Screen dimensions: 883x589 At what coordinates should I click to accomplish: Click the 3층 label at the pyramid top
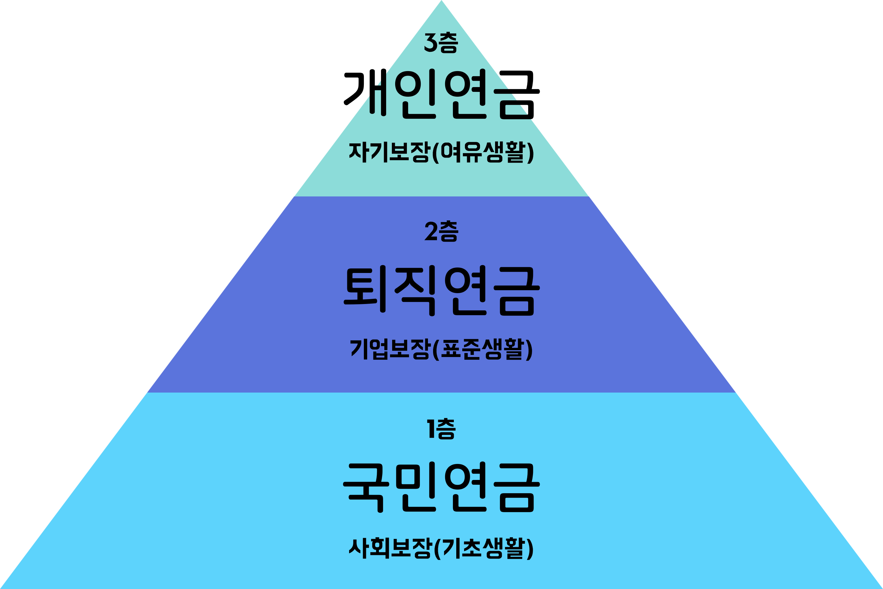pos(441,43)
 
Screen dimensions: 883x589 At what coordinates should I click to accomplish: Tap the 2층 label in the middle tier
pos(441,231)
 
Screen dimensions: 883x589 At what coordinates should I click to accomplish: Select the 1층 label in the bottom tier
pos(441,429)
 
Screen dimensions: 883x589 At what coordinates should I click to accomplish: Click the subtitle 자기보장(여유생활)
pos(441,152)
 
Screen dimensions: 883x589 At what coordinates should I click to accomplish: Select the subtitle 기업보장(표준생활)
pos(441,349)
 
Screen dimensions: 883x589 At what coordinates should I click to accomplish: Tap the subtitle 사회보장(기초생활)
pos(441,548)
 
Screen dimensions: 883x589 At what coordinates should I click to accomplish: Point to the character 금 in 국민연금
pos(517,487)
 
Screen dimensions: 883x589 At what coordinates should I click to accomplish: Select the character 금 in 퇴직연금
pos(517,290)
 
